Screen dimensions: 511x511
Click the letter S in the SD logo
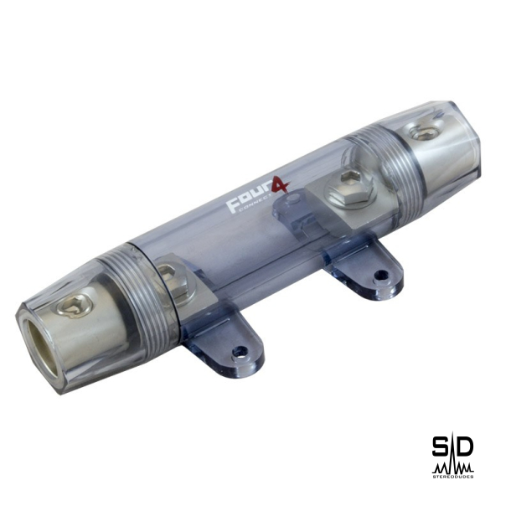[441, 447]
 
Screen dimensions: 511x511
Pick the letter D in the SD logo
[464, 447]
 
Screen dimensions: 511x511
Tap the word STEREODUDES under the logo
[453, 475]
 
